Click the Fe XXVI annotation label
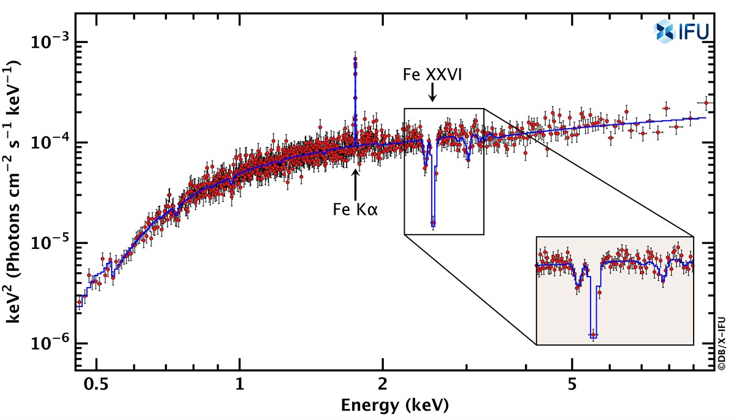tap(432, 75)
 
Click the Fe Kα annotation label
tap(355, 209)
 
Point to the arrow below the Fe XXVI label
tap(432, 93)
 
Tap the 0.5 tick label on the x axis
tap(96, 384)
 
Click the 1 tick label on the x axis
tap(240, 384)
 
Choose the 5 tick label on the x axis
tap(572, 384)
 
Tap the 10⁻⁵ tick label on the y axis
tap(50, 242)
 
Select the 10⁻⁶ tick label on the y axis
tap(50, 343)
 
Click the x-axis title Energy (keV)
tap(394, 405)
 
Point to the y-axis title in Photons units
tap(13, 191)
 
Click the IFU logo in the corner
tap(681, 31)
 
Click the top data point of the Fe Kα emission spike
tap(355, 59)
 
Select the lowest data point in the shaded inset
tap(593, 335)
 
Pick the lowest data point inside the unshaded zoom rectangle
tap(433, 223)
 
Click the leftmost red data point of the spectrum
tap(79, 302)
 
